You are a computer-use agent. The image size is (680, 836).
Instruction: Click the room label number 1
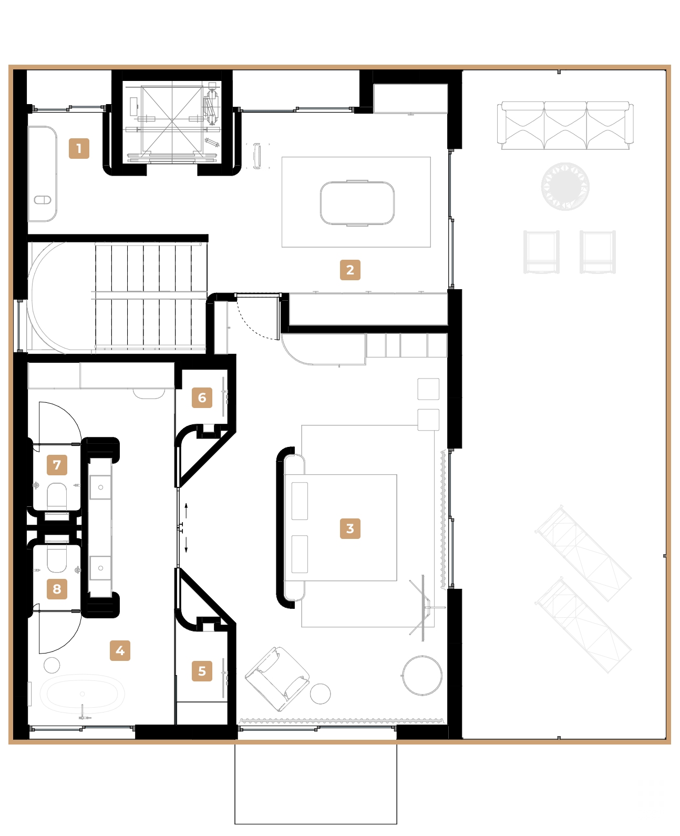(79, 148)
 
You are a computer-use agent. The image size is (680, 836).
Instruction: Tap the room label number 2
(350, 270)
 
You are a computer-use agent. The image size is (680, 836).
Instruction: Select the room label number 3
(350, 528)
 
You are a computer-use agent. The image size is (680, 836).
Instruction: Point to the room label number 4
(120, 650)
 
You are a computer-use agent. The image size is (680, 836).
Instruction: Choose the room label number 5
(202, 671)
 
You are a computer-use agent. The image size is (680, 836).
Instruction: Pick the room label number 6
(202, 397)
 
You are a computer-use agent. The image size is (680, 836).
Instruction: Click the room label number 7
(57, 465)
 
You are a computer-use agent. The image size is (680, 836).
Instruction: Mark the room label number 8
(57, 589)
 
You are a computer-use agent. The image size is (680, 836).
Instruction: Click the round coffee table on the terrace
(565, 187)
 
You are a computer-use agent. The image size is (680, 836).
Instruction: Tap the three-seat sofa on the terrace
(565, 125)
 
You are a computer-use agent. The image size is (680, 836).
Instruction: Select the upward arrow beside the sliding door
(186, 509)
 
